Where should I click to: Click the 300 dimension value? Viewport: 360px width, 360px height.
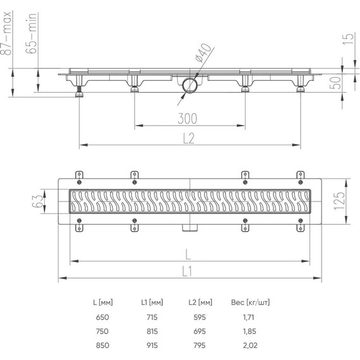tap(187, 118)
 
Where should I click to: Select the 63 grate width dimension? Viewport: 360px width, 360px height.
tap(39, 201)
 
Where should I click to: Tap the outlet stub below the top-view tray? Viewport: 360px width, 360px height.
tap(189, 227)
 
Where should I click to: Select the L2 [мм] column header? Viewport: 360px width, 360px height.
tap(201, 303)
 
